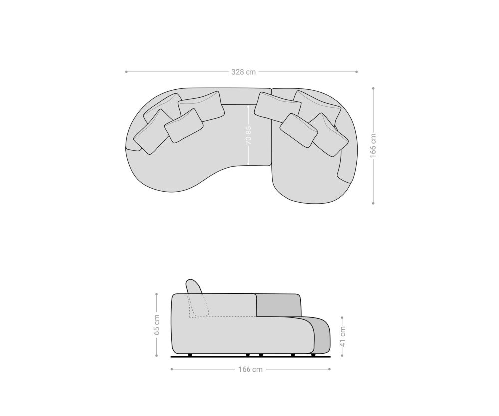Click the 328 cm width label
(x=244, y=72)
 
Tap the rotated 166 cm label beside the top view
(x=373, y=145)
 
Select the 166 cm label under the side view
(x=250, y=369)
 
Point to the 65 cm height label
(x=157, y=325)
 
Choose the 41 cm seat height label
(x=342, y=336)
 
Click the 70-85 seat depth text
(x=249, y=135)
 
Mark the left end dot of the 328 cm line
(x=126, y=72)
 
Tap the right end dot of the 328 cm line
(x=356, y=72)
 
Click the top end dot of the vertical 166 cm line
(x=373, y=88)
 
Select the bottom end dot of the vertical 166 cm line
(x=373, y=203)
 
